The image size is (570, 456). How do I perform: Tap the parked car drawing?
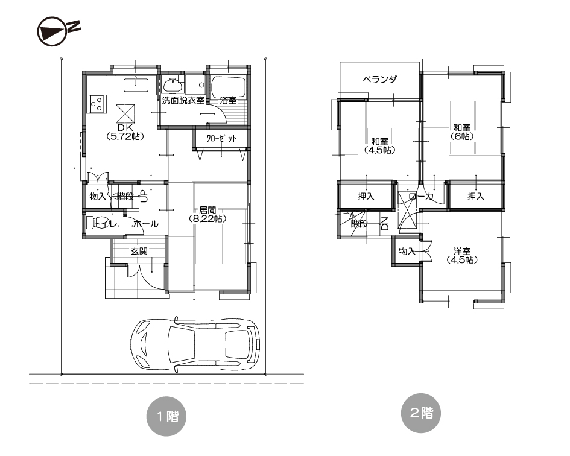pos(195,345)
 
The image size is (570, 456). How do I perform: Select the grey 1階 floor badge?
pos(166,416)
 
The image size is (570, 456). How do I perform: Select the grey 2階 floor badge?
pos(421,413)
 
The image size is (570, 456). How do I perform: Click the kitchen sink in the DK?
pos(136,85)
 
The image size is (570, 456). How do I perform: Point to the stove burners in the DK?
pos(97,104)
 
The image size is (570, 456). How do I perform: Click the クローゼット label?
pos(221,139)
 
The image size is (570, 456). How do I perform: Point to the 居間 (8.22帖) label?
pos(207,215)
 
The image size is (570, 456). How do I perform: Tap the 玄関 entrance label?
pos(139,251)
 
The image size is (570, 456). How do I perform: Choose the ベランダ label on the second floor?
pos(380,79)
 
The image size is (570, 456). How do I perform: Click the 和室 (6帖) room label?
pos(462,132)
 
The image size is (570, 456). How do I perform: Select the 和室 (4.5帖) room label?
pos(379,145)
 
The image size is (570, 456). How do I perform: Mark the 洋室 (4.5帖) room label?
pos(462,255)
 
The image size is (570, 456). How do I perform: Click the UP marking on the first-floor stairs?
pos(144,197)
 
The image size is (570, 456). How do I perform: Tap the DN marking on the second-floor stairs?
pos(385,224)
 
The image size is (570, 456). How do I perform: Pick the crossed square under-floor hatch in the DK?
pos(125,113)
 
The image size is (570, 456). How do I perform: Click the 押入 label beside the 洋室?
pos(476,197)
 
